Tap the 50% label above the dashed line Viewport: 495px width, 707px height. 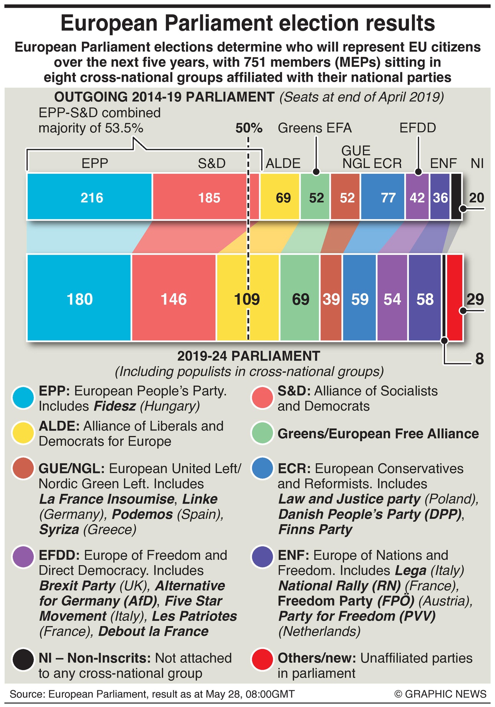[249, 128]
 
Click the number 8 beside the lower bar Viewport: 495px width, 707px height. [479, 359]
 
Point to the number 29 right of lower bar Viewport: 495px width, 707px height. [475, 299]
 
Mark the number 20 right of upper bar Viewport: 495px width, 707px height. [477, 198]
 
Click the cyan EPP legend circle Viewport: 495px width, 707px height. [23, 398]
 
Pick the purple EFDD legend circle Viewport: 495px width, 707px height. [23, 556]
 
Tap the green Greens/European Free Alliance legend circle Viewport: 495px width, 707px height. [262, 433]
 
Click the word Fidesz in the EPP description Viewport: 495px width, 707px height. [114, 406]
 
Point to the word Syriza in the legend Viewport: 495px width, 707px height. [59, 530]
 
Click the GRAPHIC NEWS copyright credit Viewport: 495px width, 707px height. [440, 694]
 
